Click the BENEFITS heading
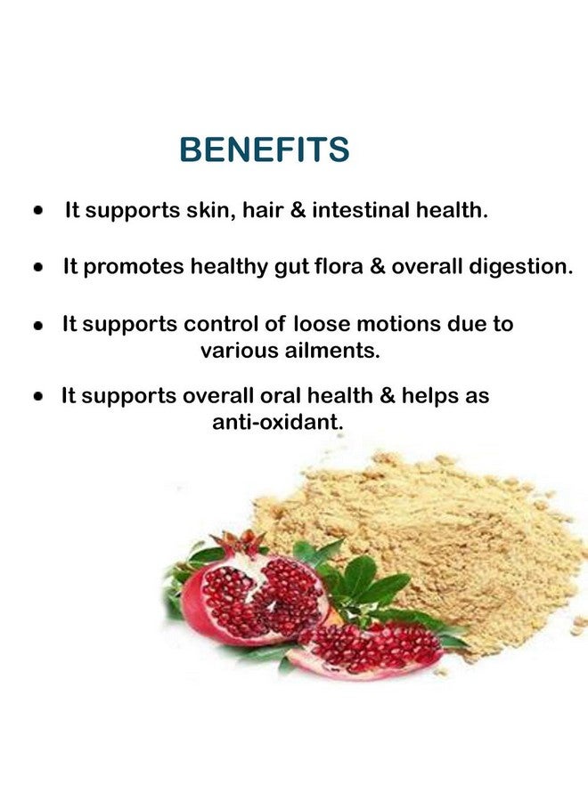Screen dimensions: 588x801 point(265,150)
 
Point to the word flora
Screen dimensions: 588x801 point(339,266)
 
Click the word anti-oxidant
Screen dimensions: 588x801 point(277,422)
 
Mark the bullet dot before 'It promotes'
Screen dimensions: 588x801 point(37,267)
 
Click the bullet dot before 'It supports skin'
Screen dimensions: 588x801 point(37,210)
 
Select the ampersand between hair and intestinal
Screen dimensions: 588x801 point(298,210)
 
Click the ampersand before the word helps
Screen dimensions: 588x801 point(388,395)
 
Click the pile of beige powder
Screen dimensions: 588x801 point(435,541)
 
